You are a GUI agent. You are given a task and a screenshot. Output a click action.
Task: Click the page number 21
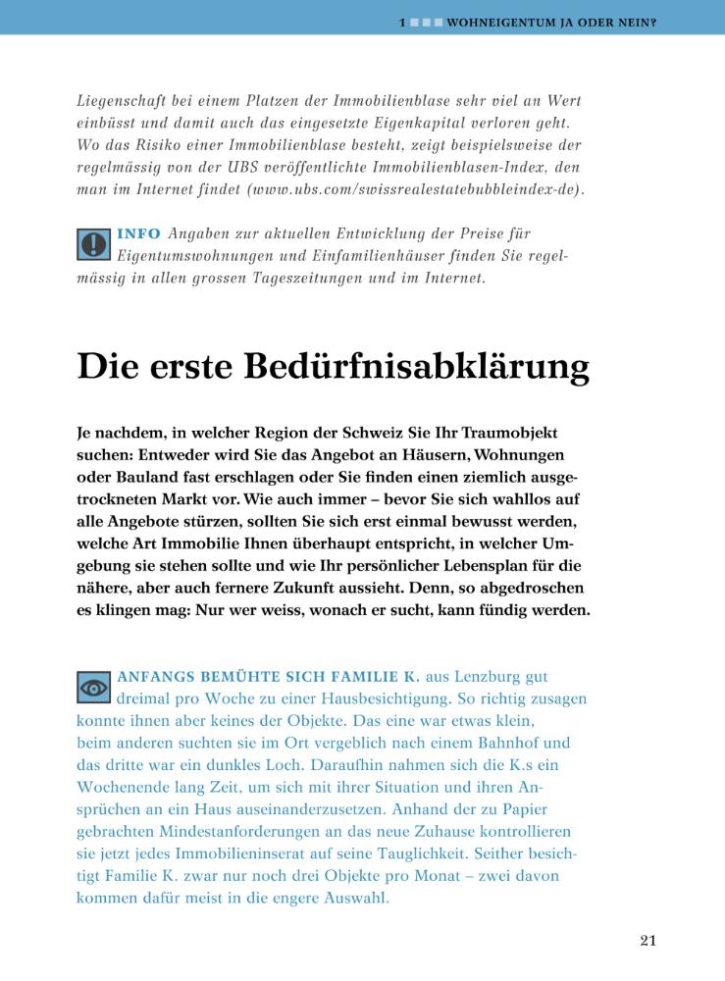[647, 940]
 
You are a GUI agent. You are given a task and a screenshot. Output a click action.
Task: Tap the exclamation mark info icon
[93, 243]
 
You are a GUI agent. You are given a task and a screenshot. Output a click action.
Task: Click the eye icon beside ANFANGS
[93, 687]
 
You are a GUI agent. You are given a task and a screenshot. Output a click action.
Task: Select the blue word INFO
[137, 234]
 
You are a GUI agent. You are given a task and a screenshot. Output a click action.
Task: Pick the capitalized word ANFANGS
[157, 677]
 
